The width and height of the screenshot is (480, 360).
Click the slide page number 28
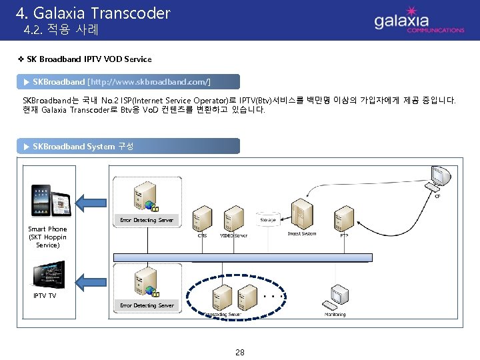(240, 352)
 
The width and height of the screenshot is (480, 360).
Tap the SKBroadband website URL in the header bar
(149, 81)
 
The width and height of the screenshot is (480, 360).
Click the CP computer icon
(441, 177)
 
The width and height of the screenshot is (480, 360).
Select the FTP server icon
(344, 214)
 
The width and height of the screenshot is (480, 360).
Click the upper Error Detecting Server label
(147, 220)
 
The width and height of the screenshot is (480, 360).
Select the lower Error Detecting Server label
(147, 305)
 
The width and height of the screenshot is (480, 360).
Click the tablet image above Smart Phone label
(51, 200)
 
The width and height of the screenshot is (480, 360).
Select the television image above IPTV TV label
(49, 274)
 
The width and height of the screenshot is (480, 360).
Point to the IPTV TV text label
(45, 295)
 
